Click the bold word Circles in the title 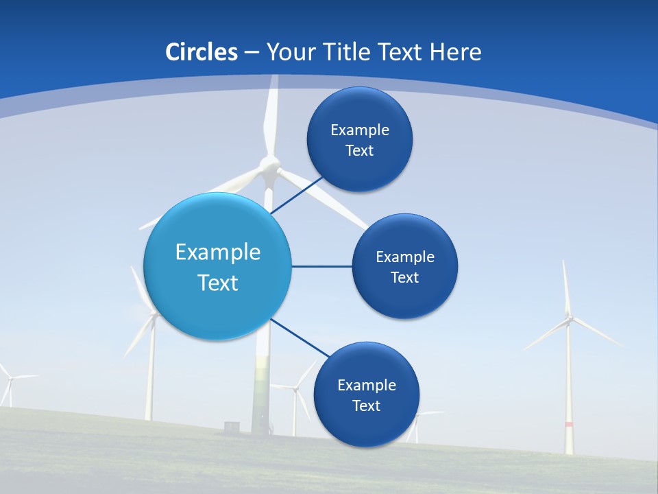[x=202, y=52]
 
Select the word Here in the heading [x=455, y=52]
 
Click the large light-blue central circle [x=218, y=266]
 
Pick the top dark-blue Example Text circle [x=360, y=139]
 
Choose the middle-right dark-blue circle [x=405, y=266]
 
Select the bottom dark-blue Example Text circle [x=367, y=395]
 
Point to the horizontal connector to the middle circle [x=322, y=266]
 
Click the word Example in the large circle [x=218, y=252]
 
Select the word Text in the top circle [x=360, y=150]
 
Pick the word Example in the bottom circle [x=367, y=385]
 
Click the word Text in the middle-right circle [x=405, y=277]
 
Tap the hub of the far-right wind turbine [x=568, y=319]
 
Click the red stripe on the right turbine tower [x=569, y=425]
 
